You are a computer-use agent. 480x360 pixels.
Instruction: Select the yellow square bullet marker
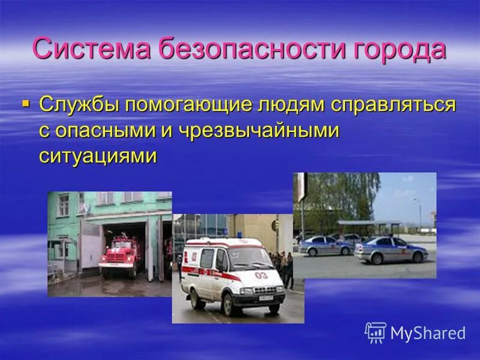pos(25,104)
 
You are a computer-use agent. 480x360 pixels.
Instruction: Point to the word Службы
pos(77,104)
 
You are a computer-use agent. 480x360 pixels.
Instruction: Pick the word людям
pos(290,104)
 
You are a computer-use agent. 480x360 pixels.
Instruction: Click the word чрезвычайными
pos(259,130)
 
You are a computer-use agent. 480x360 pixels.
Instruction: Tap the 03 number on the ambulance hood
pos(260,275)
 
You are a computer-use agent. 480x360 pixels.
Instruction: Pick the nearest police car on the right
pos(391,250)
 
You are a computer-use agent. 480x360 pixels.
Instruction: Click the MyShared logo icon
pos(376,332)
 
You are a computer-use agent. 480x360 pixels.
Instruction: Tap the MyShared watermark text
pos(428,334)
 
